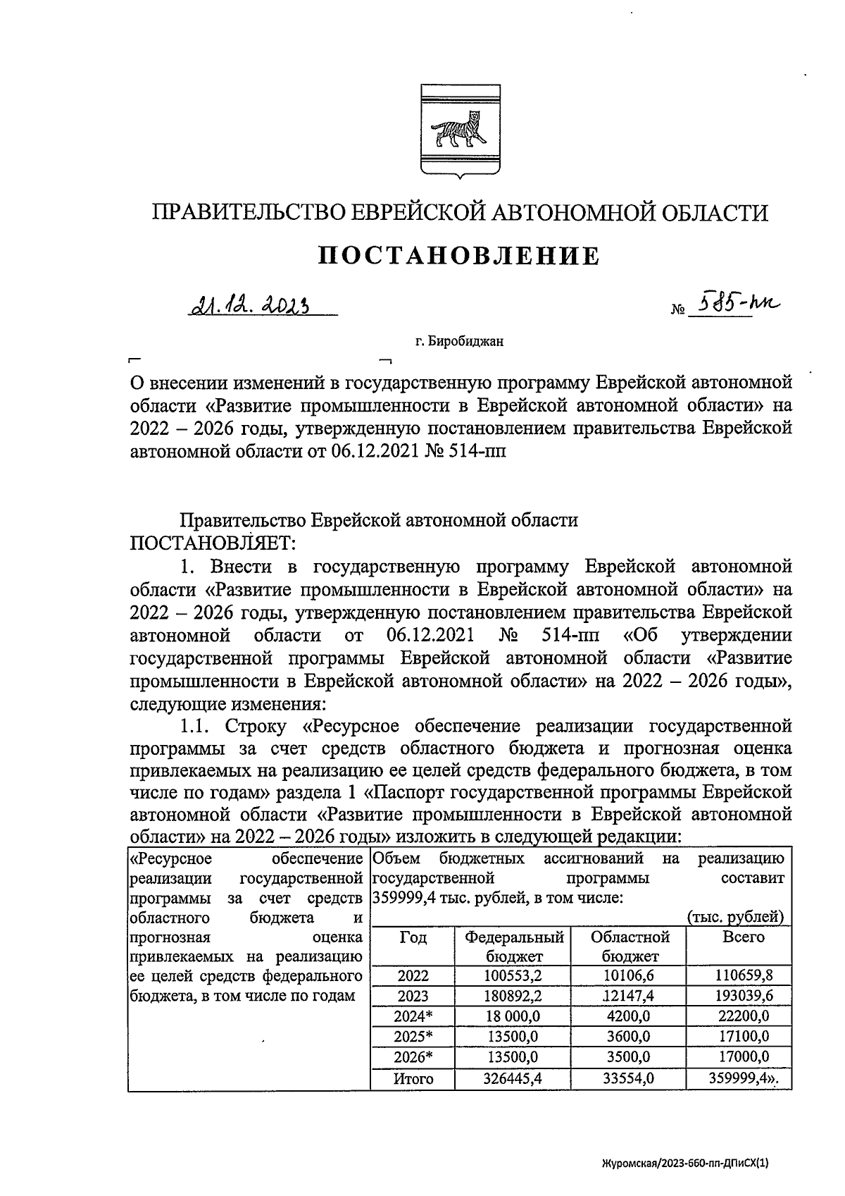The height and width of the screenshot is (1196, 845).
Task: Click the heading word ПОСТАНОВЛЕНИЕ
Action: (459, 255)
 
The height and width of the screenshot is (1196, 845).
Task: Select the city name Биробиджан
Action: (459, 343)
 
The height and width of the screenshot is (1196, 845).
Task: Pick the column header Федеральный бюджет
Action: (514, 947)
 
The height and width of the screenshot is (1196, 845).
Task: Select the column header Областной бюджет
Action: (630, 947)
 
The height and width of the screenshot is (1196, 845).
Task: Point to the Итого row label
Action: (413, 1078)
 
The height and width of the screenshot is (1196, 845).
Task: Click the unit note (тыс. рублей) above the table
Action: (735, 917)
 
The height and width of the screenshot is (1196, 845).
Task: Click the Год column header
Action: (413, 937)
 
